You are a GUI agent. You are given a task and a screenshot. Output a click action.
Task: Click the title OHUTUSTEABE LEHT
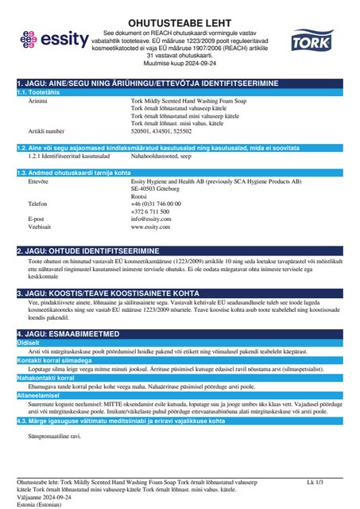click(179, 10)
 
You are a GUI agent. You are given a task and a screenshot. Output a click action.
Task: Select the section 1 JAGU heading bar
click(179, 83)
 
